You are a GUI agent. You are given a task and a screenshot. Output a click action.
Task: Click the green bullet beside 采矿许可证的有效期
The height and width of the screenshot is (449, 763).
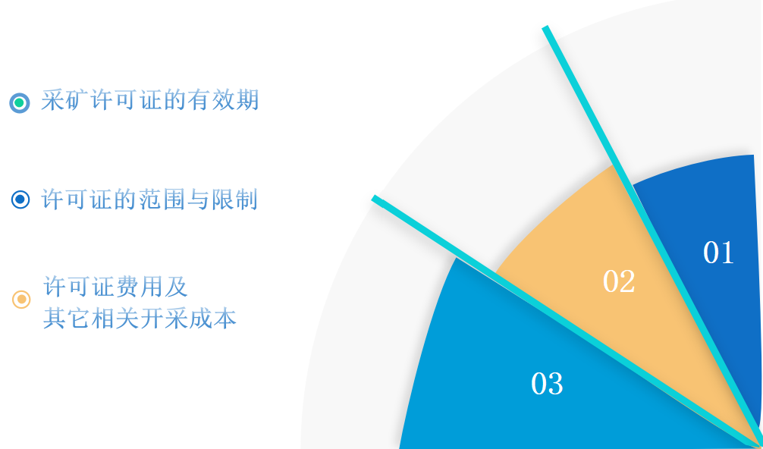20,102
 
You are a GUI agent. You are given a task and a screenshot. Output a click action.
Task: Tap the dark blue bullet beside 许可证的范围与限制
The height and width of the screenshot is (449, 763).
20,199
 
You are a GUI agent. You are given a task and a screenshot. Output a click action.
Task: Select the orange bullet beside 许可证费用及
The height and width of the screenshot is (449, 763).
21,299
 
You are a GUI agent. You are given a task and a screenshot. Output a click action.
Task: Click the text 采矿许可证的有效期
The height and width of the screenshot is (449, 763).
150,101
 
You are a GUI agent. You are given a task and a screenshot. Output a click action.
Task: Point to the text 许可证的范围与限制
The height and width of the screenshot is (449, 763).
149,199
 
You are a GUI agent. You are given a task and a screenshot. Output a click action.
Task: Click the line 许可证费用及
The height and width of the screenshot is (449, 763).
115,286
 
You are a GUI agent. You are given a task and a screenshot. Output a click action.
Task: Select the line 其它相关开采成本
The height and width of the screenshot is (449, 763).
140,319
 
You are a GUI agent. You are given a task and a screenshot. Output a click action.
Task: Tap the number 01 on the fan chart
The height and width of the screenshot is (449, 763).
718,253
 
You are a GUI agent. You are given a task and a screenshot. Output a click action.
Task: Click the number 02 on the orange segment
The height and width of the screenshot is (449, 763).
619,281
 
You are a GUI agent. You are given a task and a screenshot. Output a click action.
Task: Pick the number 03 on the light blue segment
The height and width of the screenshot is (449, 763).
547,384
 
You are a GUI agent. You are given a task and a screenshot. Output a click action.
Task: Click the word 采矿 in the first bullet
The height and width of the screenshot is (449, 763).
64,101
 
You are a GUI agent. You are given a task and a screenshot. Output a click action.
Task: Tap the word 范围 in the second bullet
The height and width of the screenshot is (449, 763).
162,199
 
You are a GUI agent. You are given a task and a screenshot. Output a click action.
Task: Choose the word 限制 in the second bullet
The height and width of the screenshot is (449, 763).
234,199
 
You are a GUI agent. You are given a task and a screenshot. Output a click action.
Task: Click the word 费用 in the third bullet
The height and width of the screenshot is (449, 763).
140,286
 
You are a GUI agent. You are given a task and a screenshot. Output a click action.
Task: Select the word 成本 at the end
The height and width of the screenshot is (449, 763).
212,319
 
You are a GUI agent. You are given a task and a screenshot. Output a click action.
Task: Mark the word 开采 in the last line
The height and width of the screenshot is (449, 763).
164,319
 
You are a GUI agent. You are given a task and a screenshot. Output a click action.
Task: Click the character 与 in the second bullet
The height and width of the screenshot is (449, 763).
198,199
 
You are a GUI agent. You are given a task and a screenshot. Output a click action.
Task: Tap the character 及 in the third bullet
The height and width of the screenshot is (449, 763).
176,286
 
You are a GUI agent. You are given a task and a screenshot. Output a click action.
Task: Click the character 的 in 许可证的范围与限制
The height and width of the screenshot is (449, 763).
126,199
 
